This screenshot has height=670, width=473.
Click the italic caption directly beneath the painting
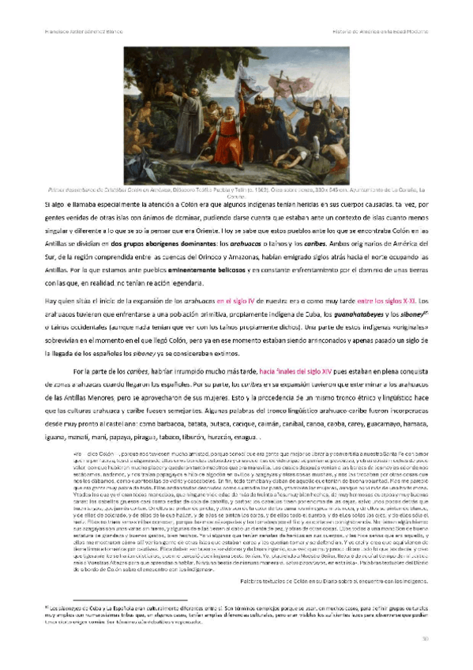[x=236, y=192]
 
